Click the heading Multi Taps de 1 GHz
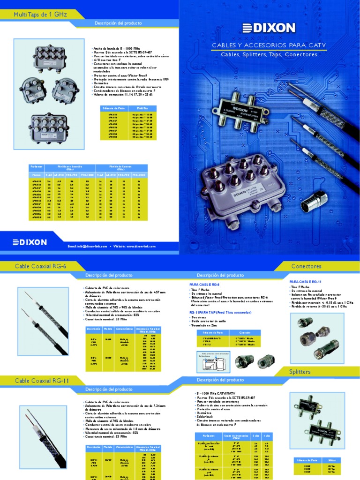(x=41, y=15)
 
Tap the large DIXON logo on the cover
(x=269, y=28)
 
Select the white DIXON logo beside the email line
(x=30, y=242)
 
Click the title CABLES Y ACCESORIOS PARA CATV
(x=269, y=45)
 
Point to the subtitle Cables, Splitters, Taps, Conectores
(x=269, y=54)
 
